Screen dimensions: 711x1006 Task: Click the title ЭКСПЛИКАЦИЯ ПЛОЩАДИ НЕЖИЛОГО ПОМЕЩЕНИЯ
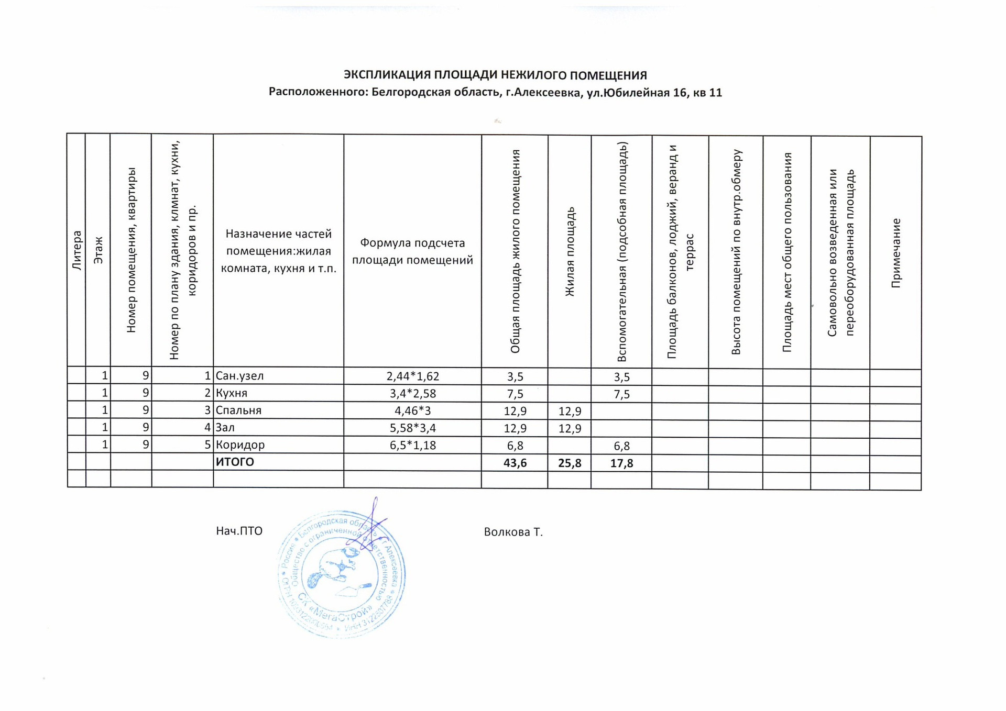click(495, 75)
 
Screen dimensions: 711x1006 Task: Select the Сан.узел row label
click(240, 376)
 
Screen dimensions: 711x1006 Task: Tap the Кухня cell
click(232, 393)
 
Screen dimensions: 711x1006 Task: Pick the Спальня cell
click(238, 410)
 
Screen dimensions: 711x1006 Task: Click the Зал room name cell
click(225, 428)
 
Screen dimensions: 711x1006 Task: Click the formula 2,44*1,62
click(413, 376)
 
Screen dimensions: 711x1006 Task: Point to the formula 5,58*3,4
click(413, 428)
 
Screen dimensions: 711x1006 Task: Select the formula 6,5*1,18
click(413, 446)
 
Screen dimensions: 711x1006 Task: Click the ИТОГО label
click(235, 462)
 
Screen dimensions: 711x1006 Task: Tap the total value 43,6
click(515, 463)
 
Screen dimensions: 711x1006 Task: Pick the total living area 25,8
click(570, 463)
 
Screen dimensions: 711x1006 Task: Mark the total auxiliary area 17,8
click(621, 463)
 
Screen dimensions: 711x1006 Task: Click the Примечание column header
click(896, 253)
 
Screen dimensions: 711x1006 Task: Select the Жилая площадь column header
click(570, 252)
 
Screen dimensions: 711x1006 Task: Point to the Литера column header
click(77, 251)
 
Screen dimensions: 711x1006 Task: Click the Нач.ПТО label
click(239, 531)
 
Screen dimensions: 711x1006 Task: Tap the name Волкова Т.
click(513, 532)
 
